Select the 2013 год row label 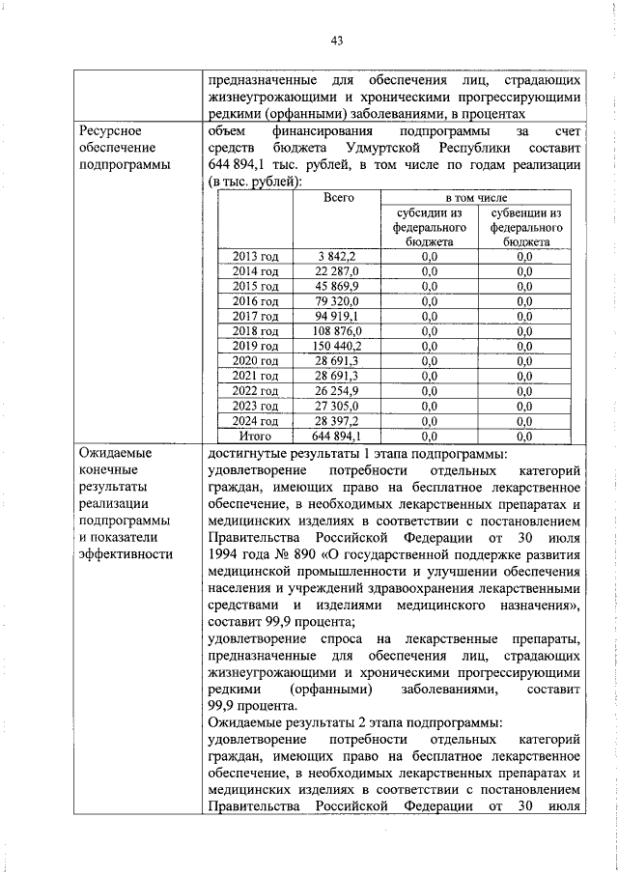[x=255, y=256]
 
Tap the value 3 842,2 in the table [x=337, y=256]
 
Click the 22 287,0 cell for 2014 [x=337, y=271]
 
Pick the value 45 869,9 [x=337, y=287]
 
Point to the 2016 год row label [x=255, y=301]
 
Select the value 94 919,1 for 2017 [x=337, y=316]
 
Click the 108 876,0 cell [x=337, y=331]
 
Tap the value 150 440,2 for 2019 [x=337, y=346]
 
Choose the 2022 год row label [x=255, y=391]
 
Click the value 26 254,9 [x=337, y=391]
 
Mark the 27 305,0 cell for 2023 [x=337, y=407]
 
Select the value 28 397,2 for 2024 [x=337, y=421]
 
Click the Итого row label [x=255, y=436]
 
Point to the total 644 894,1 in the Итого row [x=337, y=436]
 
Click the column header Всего [x=337, y=197]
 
